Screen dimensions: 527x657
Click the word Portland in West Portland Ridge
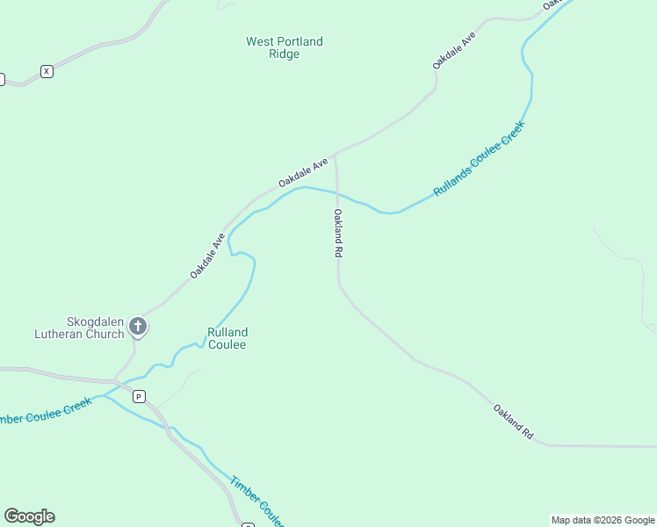(300, 41)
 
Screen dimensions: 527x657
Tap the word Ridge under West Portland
(284, 54)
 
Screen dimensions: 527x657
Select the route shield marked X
(47, 71)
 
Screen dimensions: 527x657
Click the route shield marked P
(139, 396)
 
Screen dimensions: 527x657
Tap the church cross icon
(137, 327)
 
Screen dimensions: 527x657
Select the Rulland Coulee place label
(227, 338)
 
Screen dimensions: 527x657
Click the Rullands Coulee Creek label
(479, 159)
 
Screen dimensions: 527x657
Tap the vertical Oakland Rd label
(337, 233)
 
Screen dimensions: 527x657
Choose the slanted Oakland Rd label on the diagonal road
(513, 422)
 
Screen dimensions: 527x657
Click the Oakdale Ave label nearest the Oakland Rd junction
(303, 171)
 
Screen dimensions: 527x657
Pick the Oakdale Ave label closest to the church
(207, 256)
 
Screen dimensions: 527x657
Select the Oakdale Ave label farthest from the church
(453, 50)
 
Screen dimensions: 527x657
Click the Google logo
(29, 516)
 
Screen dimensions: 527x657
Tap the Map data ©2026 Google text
(603, 520)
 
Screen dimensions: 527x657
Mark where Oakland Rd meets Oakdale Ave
(335, 155)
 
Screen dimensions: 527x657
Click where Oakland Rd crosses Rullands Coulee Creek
(336, 195)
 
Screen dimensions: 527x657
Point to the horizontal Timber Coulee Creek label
(44, 414)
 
